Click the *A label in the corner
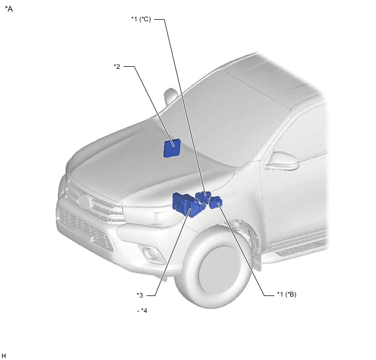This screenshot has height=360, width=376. (x=9, y=9)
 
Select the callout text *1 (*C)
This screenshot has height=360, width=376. (x=141, y=19)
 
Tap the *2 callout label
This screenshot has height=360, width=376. (x=117, y=66)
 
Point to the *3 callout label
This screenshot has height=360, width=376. (x=140, y=295)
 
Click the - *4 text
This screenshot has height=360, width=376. (x=142, y=310)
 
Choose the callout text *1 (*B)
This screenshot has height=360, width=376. (x=286, y=294)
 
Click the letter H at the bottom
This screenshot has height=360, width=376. (x=4, y=356)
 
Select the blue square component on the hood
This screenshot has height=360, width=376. (x=172, y=148)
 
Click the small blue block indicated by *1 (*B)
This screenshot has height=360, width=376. (x=216, y=202)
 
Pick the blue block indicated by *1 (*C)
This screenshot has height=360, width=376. (x=203, y=197)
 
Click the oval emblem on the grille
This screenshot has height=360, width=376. (x=84, y=201)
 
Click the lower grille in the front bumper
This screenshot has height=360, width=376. (x=85, y=229)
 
